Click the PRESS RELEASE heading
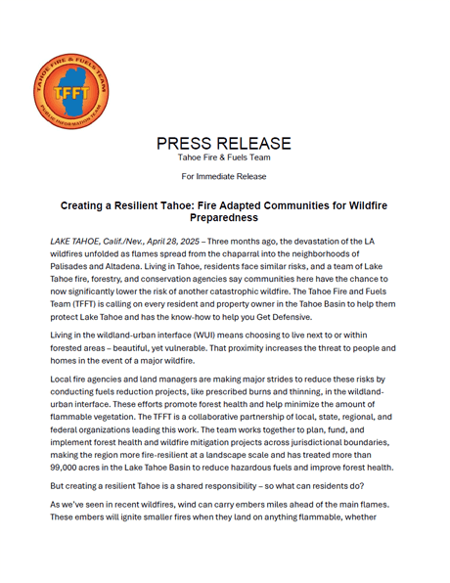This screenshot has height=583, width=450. click(x=224, y=143)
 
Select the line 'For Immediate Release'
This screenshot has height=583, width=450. click(x=224, y=176)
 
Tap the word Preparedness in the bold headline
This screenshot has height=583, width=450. click(x=224, y=220)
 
